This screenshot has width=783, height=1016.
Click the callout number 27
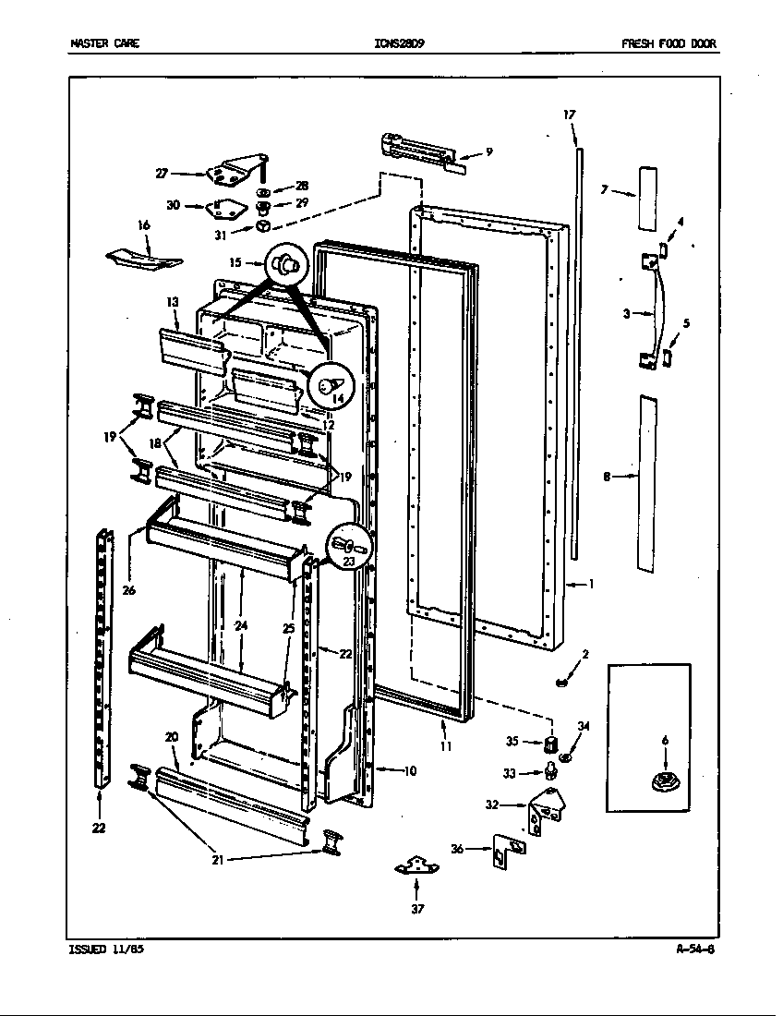coord(162,173)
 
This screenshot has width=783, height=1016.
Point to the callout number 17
coord(570,115)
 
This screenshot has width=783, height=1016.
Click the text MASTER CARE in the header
coord(104,43)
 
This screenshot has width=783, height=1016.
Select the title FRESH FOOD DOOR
coord(669,43)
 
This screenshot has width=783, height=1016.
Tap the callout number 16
coord(143,224)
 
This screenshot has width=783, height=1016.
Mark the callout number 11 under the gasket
coord(446,745)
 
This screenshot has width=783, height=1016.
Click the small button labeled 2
coord(560,683)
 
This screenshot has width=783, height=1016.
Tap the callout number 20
coord(171,736)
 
